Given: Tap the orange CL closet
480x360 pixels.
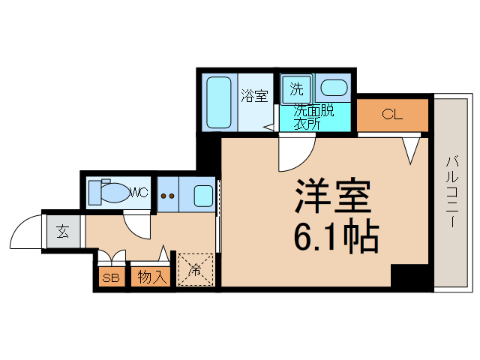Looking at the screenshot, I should tap(391, 115).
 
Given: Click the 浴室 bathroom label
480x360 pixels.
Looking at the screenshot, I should tap(254, 96).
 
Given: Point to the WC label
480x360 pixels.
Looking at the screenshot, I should tap(139, 193).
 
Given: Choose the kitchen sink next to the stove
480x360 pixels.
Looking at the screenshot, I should tap(202, 196).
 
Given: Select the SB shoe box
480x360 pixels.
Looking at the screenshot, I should tap(110, 277).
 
